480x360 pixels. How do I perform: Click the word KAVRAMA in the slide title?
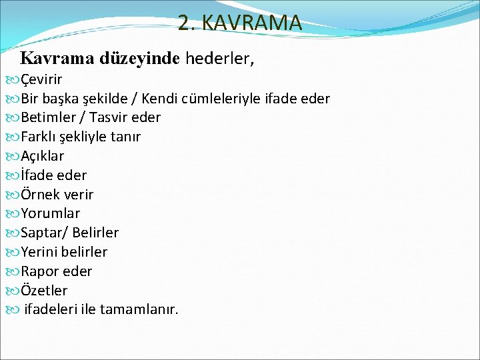[x=252, y=23]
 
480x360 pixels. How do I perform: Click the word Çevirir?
[x=41, y=80]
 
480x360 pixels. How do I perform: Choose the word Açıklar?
[x=43, y=156]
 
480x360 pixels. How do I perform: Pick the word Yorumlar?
[x=50, y=213]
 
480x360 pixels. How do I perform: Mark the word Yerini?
[x=39, y=252]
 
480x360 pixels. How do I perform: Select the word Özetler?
[x=44, y=291]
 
